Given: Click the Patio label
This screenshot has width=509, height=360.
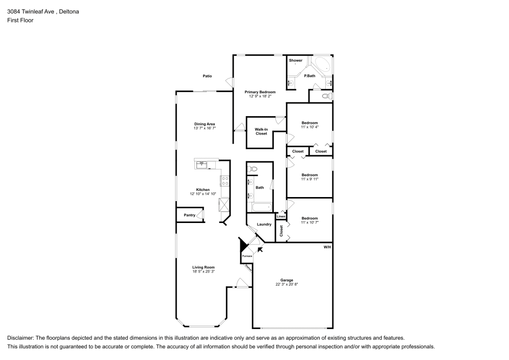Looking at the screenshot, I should coord(207,76).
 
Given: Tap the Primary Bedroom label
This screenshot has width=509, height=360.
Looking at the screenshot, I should coord(257,92).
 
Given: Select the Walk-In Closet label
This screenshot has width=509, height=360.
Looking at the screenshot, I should coord(261,131).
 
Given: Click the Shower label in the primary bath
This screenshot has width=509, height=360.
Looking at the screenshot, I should coord(296,61).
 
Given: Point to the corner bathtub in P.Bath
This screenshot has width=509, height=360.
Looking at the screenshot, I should coord(322,66).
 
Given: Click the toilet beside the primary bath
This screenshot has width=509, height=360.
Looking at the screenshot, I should coord(326,96).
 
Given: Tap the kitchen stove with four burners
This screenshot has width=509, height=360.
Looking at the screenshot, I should coord(224,181).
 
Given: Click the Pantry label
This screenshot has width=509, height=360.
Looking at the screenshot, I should coord(189,215).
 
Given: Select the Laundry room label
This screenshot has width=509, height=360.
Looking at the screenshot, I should coord(264,225).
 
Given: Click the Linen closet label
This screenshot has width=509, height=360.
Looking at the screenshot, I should coord(280,216).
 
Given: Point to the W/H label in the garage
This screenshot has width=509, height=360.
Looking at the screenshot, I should coord(327,247).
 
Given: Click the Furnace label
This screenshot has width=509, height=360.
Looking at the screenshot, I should coord(247,256).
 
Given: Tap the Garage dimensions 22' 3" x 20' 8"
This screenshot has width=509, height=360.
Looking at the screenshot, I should coord(286,285).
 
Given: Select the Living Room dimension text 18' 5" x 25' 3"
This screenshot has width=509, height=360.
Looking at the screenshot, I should coord(203,271).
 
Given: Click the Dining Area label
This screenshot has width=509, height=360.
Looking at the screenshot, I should coord(204,124).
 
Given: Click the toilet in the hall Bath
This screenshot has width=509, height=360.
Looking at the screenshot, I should coord(253,169).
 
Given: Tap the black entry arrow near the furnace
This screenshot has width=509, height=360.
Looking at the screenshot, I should coord(261,249).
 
